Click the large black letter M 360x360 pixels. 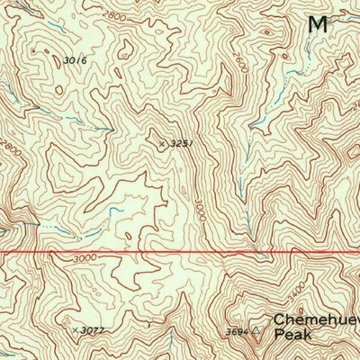tap(316, 24)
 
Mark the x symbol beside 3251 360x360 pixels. tap(162, 143)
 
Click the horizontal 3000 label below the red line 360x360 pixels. tap(85, 259)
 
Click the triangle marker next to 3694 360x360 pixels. tap(256, 330)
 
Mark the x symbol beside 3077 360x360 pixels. tap(75, 330)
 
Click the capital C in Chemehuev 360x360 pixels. tap(278, 319)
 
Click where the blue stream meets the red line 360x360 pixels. tap(261, 251)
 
